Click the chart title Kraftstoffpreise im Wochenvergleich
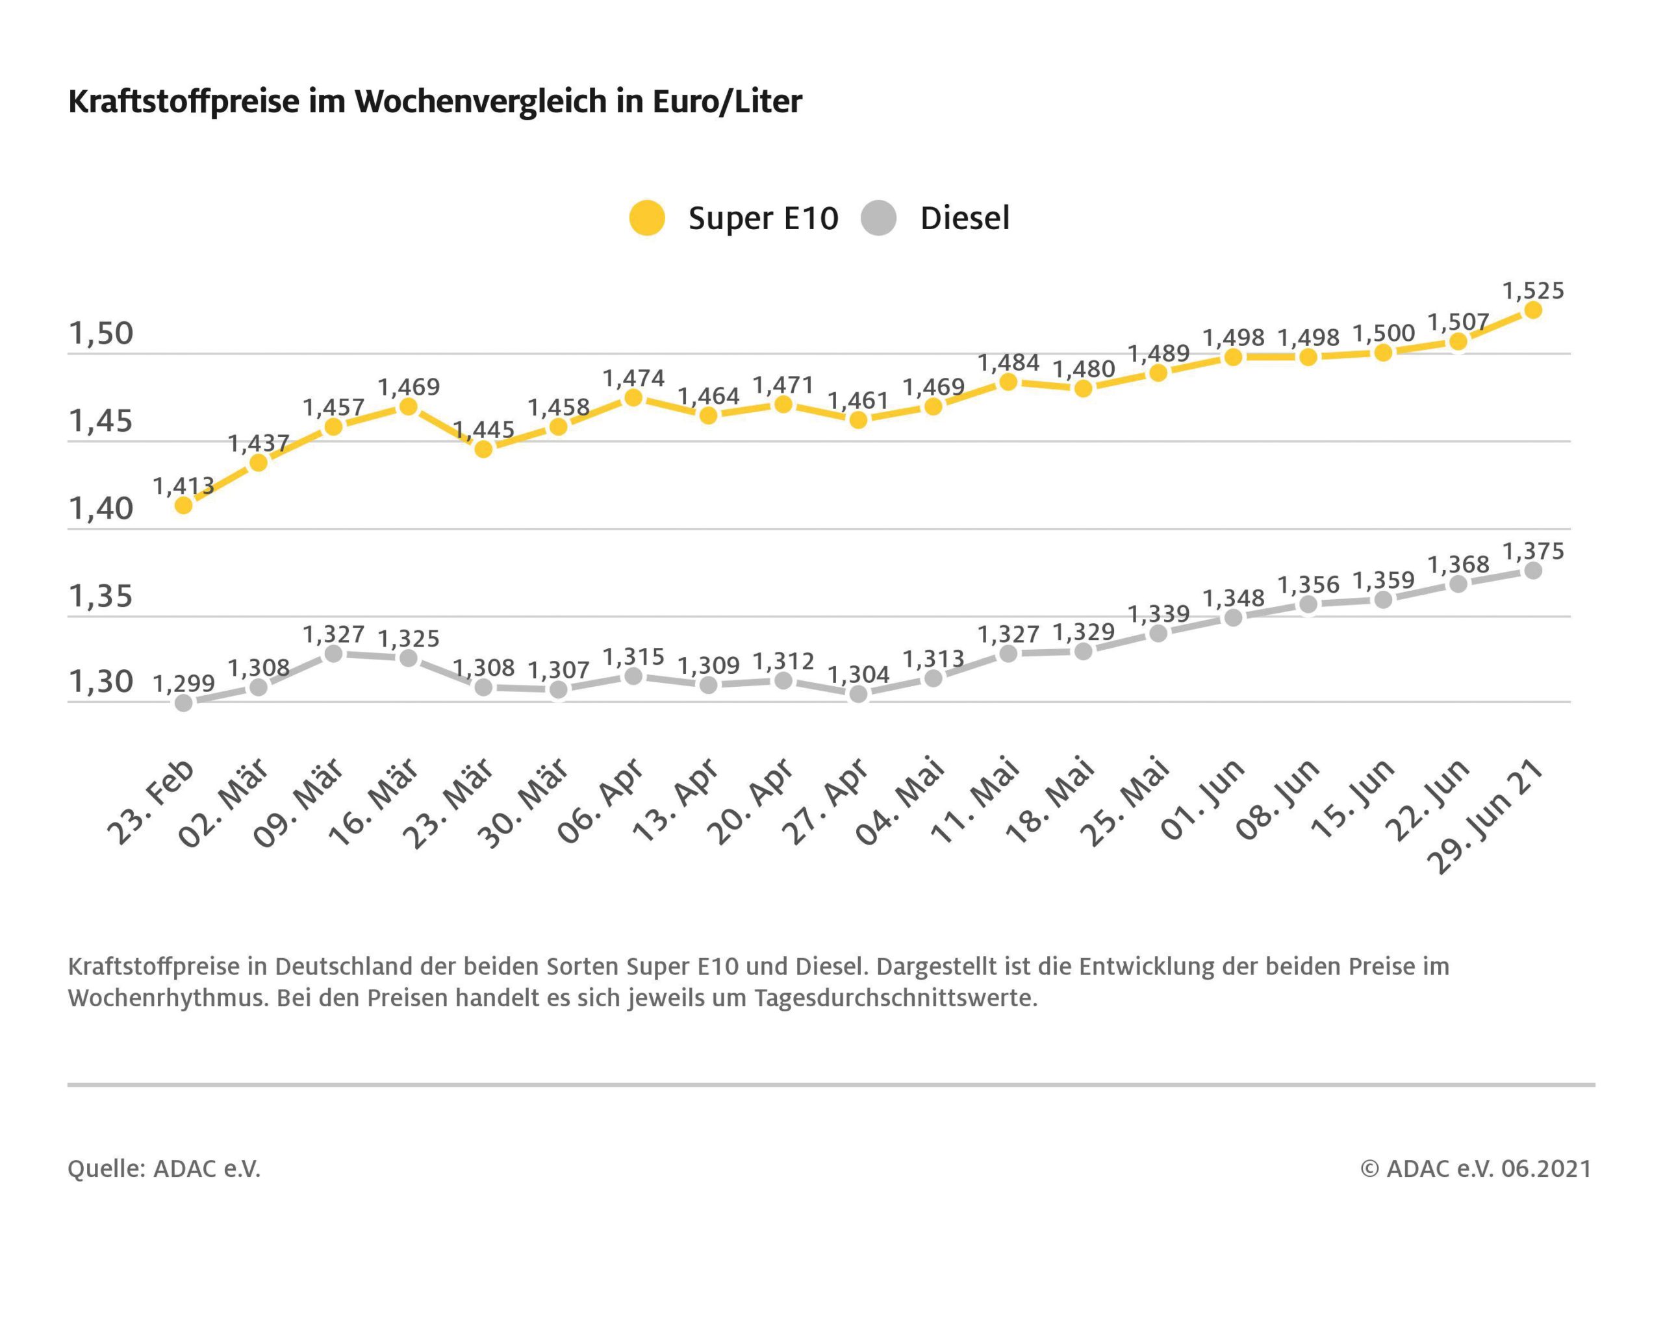(x=435, y=102)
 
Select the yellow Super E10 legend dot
(x=646, y=217)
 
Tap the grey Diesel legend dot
(x=878, y=217)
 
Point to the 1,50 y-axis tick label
(x=101, y=334)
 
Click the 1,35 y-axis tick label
(x=101, y=596)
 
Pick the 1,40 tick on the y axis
(x=101, y=509)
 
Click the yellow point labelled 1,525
(x=1532, y=310)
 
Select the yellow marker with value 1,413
(x=184, y=506)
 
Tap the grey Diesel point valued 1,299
(x=184, y=702)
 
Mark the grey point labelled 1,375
(x=1532, y=571)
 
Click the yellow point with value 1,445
(x=483, y=449)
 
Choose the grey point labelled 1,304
(x=857, y=694)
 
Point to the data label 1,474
(x=633, y=378)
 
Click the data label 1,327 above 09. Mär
(x=333, y=634)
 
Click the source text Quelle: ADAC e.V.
(x=164, y=1168)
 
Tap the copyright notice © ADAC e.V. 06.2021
(x=1475, y=1168)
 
